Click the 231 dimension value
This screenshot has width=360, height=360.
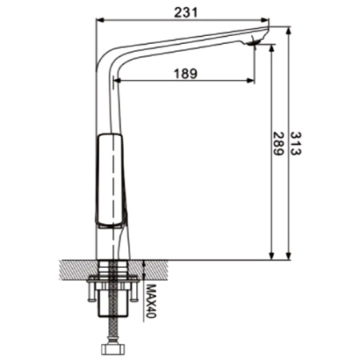pyautogui.click(x=186, y=12)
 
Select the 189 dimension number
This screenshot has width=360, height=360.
pyautogui.click(x=186, y=74)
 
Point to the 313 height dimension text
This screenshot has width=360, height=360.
pyautogui.click(x=295, y=143)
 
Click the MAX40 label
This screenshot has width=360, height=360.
pyautogui.click(x=151, y=301)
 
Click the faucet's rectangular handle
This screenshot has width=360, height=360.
pyautogui.click(x=110, y=180)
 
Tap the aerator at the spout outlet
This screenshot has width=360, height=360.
pyautogui.click(x=254, y=42)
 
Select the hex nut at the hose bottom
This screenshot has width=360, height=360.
pyautogui.click(x=114, y=348)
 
